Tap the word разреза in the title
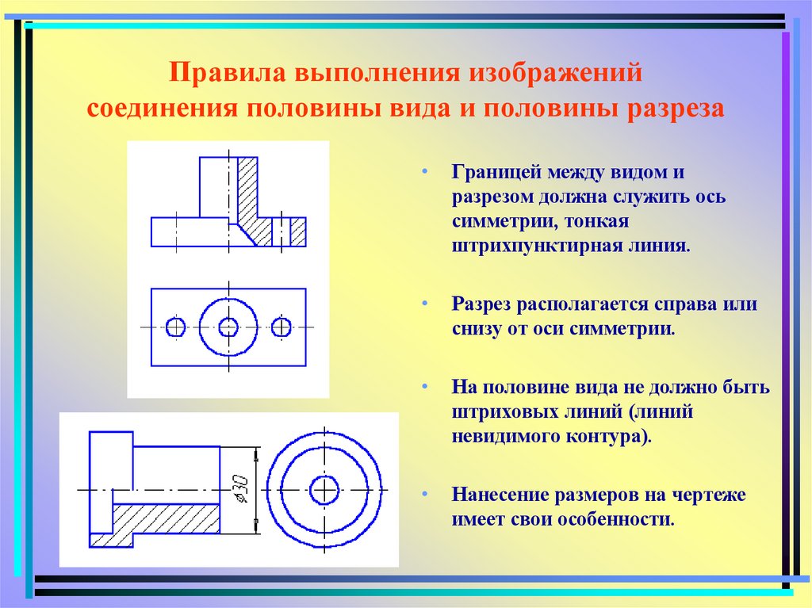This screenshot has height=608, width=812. click(676, 108)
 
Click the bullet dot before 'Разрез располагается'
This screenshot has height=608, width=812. click(425, 304)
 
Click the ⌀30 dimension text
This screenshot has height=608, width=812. click(236, 492)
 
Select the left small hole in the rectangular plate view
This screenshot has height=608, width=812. click(177, 327)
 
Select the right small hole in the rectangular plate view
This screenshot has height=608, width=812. click(282, 327)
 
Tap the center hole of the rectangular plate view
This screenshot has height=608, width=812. click(228, 327)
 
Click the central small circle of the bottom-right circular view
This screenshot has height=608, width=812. click(323, 491)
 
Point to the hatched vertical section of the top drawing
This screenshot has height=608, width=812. click(248, 190)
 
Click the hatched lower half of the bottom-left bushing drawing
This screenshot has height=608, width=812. click(167, 519)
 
